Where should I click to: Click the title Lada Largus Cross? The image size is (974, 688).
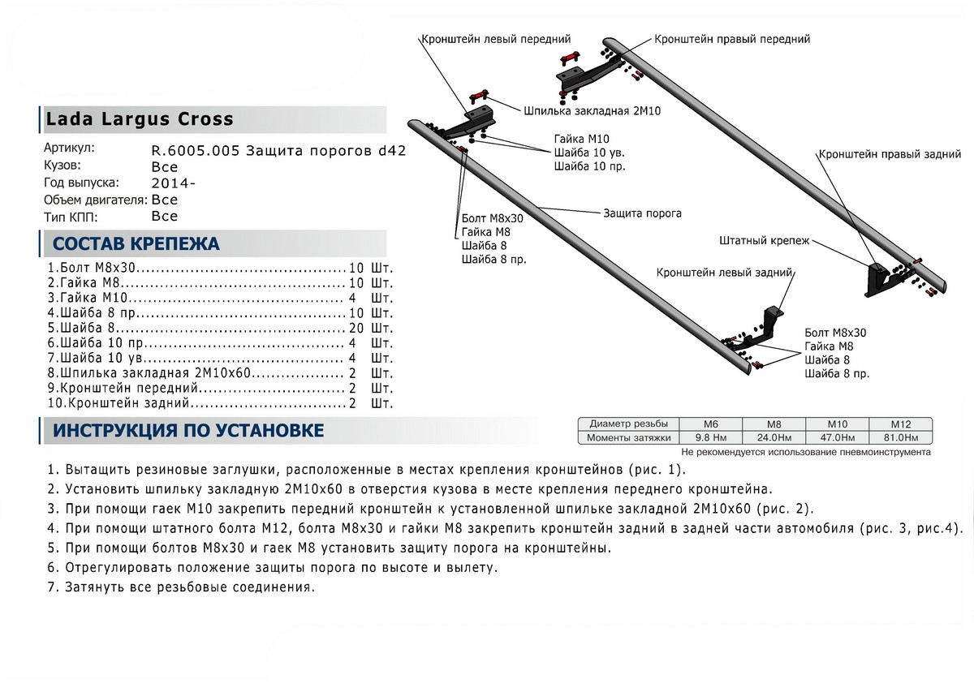coord(139,119)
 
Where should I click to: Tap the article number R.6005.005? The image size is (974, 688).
coord(196,151)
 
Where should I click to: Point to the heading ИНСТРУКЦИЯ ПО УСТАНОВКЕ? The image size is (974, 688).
coord(187,431)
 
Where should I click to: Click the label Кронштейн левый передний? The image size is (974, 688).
coord(495,39)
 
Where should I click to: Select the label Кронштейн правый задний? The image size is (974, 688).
coord(890,153)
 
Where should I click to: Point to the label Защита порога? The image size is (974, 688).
coord(642,213)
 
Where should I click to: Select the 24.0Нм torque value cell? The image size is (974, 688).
coord(775,438)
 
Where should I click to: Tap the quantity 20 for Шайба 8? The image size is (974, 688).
coord(355,329)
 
